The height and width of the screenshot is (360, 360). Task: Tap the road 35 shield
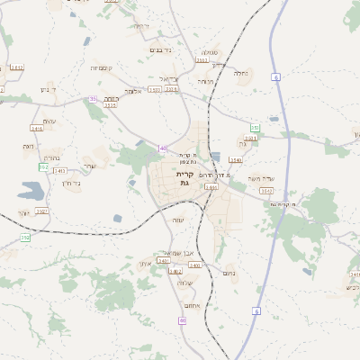[93, 99]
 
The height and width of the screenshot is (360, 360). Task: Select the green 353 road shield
[256, 129]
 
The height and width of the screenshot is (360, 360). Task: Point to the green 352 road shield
[43, 167]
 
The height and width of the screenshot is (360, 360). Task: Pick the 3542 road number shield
[265, 191]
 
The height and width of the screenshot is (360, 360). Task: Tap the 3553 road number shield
[111, 105]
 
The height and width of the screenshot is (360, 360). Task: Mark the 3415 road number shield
[37, 129]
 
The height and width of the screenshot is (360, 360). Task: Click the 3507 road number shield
[41, 211]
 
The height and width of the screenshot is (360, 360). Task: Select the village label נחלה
[240, 73]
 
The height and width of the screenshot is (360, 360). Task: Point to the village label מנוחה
[206, 82]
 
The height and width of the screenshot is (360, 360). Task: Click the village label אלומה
[133, 91]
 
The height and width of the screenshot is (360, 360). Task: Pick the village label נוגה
[29, 146]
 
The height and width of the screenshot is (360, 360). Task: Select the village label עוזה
[177, 220]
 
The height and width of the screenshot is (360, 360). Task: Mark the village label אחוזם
[178, 305]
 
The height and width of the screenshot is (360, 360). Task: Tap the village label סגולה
[209, 52]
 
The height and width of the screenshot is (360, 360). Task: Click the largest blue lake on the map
[28, 191]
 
